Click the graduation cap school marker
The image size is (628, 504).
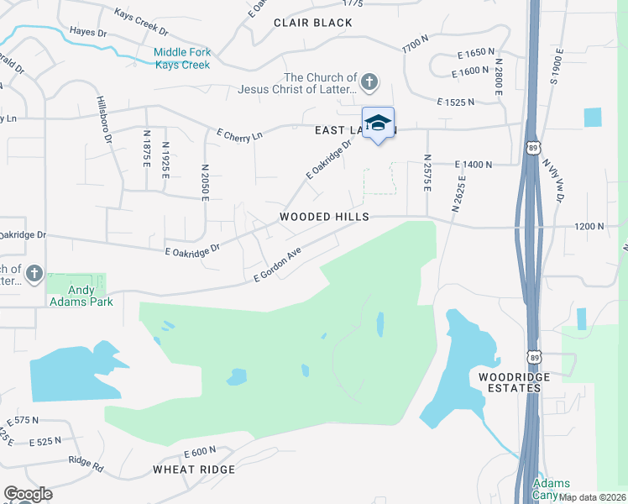click(x=378, y=123)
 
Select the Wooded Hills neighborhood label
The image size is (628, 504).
click(x=324, y=217)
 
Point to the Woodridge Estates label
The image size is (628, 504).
click(x=515, y=382)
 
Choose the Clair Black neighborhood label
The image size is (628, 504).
click(x=313, y=23)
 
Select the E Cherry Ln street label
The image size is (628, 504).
click(x=239, y=134)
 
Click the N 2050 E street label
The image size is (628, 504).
click(x=204, y=181)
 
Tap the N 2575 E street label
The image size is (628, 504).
click(x=427, y=172)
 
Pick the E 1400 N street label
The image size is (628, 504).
click(x=473, y=165)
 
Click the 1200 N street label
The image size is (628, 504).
click(x=589, y=226)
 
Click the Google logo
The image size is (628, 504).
click(x=28, y=495)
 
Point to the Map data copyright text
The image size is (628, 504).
click(x=592, y=497)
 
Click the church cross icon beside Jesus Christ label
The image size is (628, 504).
click(x=370, y=82)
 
